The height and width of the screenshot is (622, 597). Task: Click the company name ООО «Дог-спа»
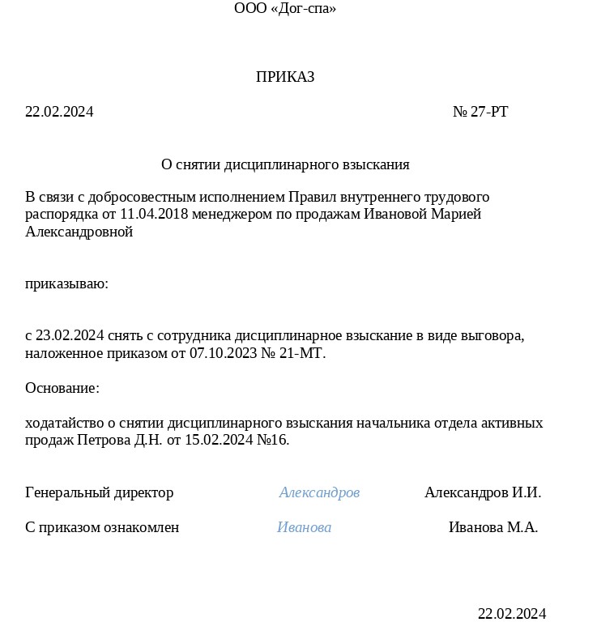coord(285,9)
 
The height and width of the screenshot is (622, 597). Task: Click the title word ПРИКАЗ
coord(285,77)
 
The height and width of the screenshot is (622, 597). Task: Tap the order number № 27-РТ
coord(480,112)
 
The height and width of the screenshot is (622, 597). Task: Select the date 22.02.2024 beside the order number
coord(59,112)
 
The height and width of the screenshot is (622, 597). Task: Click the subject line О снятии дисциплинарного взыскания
coord(285,164)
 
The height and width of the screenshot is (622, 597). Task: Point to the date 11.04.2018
coord(153,215)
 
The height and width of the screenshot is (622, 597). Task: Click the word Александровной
coord(79,232)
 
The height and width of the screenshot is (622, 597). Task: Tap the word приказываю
coord(66,284)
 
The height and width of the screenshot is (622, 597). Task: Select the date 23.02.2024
coord(70,335)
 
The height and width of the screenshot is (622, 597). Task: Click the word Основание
coord(62,388)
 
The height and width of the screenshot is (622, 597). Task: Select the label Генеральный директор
coord(99,492)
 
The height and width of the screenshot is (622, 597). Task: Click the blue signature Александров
coord(319,492)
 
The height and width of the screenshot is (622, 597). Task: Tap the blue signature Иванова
coord(304,527)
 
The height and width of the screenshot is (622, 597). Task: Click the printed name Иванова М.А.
coord(493,527)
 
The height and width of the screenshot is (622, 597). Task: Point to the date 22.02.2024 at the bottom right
coord(511,613)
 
